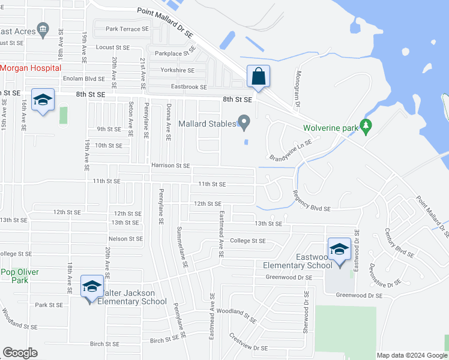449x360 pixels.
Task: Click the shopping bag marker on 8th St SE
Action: click(x=258, y=77)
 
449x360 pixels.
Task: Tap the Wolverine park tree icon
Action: click(x=365, y=127)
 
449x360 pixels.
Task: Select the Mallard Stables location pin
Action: click(x=244, y=123)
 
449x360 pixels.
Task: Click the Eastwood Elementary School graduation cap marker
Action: click(x=339, y=249)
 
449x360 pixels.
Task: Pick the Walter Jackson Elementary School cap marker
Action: click(x=92, y=286)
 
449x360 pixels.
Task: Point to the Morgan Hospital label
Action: click(x=27, y=68)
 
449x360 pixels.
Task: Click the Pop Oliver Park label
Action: click(x=19, y=276)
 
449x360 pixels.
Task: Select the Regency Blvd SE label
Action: click(x=312, y=201)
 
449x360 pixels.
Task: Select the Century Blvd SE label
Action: click(x=401, y=245)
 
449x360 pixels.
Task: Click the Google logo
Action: click(x=20, y=353)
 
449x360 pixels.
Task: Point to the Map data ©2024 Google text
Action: click(x=412, y=355)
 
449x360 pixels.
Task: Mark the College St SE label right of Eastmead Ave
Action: click(x=248, y=241)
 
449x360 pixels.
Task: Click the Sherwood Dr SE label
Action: click(x=306, y=305)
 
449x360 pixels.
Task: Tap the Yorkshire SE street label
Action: click(x=177, y=70)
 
